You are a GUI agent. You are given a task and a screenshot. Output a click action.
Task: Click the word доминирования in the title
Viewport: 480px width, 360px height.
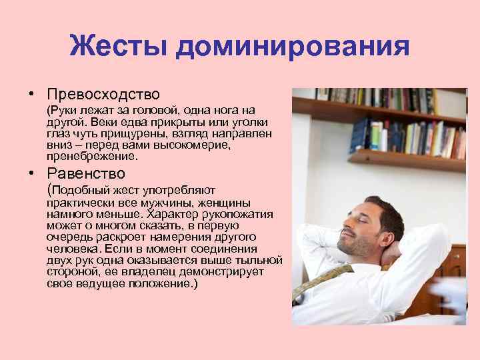[x=291, y=47]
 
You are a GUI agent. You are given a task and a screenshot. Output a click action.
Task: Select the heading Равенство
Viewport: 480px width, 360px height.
[x=86, y=173]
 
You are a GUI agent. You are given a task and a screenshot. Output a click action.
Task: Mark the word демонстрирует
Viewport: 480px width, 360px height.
[x=227, y=272]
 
